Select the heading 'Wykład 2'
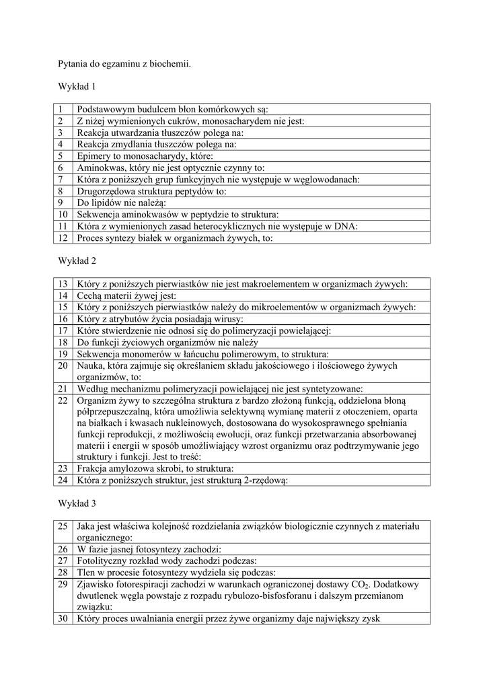[77, 260]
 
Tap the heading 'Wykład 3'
[77, 503]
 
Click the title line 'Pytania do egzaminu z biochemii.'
[124, 65]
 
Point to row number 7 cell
[61, 179]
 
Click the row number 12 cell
[62, 237]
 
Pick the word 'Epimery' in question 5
[96, 155]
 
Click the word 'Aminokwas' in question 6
[101, 168]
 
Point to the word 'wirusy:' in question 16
[227, 318]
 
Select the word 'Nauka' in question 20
[91, 365]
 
